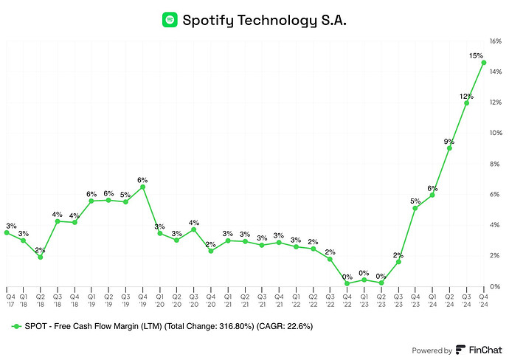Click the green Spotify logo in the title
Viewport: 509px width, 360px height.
[x=170, y=20]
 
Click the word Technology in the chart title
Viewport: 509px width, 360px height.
[x=272, y=20]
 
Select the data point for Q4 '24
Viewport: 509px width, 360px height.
[x=483, y=63]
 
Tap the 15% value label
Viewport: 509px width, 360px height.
[x=477, y=55]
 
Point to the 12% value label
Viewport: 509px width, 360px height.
[x=467, y=96]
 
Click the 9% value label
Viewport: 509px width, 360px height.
[x=449, y=141]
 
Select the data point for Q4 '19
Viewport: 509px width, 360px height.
[x=143, y=187]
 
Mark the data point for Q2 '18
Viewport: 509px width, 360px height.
[x=41, y=257]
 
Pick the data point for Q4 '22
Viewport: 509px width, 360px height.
[x=347, y=283]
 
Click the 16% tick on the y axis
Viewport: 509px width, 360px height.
[x=496, y=41]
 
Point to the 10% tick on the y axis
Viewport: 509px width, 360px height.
[x=496, y=134]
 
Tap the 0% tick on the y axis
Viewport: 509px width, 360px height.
[x=496, y=286]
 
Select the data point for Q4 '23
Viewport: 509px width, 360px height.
[x=415, y=208]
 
